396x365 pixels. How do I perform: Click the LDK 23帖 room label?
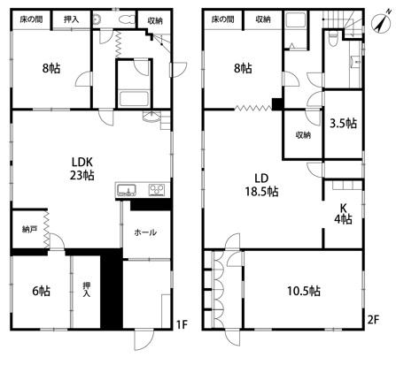click(x=82, y=169)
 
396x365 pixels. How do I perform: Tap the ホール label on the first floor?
click(x=145, y=232)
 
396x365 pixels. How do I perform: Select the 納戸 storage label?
click(x=29, y=229)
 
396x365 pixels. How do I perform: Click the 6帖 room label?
click(x=41, y=291)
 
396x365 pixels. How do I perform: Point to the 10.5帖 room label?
click(x=304, y=291)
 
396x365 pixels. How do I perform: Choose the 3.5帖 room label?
click(x=343, y=123)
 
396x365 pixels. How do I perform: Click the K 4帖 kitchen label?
click(x=343, y=214)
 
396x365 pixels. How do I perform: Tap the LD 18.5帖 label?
click(x=261, y=185)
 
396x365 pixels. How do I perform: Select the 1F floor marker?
click(x=182, y=324)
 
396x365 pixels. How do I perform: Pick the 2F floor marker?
click(x=373, y=320)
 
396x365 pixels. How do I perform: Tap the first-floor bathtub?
click(x=134, y=99)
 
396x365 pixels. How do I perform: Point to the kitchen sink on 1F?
click(x=127, y=190)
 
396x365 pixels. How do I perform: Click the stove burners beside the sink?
click(x=157, y=190)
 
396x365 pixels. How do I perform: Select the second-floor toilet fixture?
click(x=332, y=38)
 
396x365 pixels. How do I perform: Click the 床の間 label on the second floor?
click(x=223, y=19)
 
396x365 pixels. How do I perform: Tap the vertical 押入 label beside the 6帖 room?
click(x=86, y=289)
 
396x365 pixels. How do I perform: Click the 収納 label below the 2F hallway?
click(x=303, y=135)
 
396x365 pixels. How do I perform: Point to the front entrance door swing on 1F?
click(x=144, y=339)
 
